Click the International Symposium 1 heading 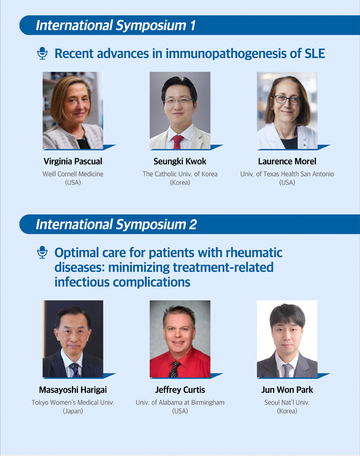116,25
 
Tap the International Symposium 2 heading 116,225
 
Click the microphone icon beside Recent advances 42,53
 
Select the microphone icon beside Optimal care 42,252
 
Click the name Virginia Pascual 72,161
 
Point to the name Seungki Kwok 180,161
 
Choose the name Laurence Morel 287,161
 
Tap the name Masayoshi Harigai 72,390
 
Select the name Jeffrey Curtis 180,390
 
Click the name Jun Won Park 287,390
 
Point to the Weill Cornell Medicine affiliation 72,174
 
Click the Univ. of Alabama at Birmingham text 180,403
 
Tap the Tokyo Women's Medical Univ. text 72,403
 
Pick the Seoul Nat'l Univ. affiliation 287,403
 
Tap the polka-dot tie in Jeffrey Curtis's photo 174,369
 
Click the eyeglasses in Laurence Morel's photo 288,100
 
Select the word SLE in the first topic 314,53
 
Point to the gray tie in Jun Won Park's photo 287,371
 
